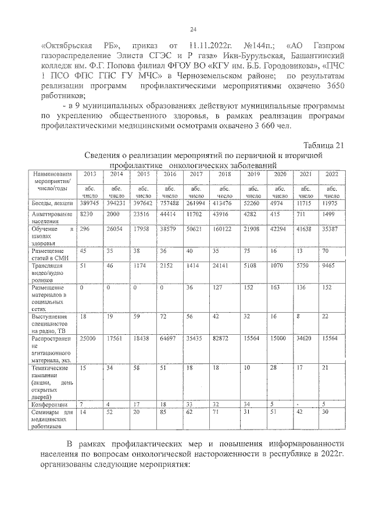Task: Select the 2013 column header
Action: coord(90,175)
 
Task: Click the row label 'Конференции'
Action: coord(50,404)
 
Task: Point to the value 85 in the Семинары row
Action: coord(167,412)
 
